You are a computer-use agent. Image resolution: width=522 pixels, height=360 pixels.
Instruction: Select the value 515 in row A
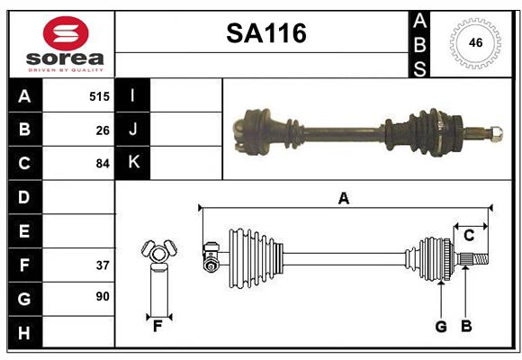99,95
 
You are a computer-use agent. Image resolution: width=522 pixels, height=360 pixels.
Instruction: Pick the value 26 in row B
103,130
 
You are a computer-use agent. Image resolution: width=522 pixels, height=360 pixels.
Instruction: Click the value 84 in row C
103,164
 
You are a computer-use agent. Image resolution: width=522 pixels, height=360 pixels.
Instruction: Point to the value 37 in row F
103,265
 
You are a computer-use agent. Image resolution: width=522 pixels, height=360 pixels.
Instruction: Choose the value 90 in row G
103,296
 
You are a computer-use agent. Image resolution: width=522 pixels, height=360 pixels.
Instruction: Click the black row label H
23,334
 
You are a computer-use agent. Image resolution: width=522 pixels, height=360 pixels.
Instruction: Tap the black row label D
23,197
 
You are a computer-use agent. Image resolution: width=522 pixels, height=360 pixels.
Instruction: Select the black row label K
133,163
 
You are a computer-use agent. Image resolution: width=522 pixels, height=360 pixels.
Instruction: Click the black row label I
133,95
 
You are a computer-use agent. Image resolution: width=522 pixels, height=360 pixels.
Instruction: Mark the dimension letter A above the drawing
343,198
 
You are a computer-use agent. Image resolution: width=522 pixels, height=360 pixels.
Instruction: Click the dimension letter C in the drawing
469,235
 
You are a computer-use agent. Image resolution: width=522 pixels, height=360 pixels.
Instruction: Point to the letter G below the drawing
441,327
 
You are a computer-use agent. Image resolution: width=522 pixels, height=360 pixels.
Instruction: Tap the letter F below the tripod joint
157,327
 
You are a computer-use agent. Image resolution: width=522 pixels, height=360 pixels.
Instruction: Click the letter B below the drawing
465,327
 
